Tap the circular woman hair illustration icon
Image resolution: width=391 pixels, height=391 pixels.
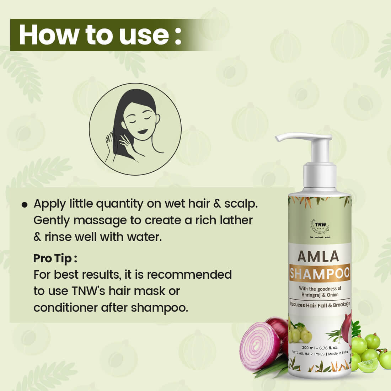(135, 129)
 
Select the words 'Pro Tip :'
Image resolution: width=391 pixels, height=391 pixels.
(55, 258)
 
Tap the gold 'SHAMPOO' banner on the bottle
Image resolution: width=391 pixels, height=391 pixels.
(320, 274)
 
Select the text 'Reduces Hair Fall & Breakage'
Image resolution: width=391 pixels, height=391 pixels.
(320, 304)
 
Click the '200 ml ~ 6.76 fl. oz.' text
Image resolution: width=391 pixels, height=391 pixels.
(320, 347)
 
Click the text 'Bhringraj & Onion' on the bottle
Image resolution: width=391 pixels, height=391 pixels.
(320, 295)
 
